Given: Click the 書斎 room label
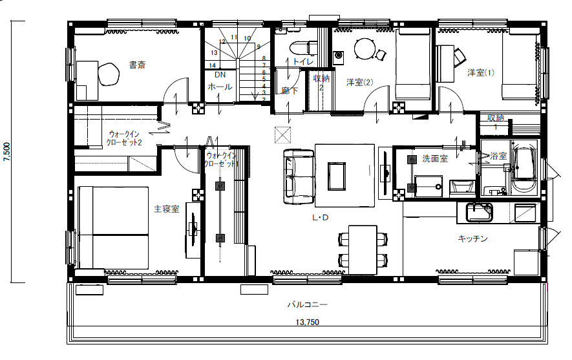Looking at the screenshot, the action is tap(137, 65).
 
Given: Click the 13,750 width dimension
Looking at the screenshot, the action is tap(307, 322).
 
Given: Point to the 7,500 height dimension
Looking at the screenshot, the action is tap(7, 152).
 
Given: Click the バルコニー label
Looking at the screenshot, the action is tap(307, 304).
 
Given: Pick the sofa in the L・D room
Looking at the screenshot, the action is tap(299, 176).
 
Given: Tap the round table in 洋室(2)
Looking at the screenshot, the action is tap(365, 49).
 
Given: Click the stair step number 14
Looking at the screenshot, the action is tap(212, 66).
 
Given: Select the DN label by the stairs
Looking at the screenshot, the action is tap(220, 75).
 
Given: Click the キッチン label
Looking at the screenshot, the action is tap(472, 238).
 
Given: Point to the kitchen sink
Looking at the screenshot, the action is tap(479, 212).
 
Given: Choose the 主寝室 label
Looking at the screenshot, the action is tap(167, 209).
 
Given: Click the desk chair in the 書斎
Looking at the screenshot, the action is tap(109, 74).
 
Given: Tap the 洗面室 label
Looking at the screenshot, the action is tap(435, 158).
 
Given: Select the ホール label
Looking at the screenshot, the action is tap(220, 87).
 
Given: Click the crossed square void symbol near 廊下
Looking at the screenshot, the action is tap(282, 135).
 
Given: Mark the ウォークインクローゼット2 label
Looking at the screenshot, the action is tap(123, 138).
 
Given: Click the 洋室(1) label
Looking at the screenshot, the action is tap(481, 72).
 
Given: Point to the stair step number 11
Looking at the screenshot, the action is tap(234, 37).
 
